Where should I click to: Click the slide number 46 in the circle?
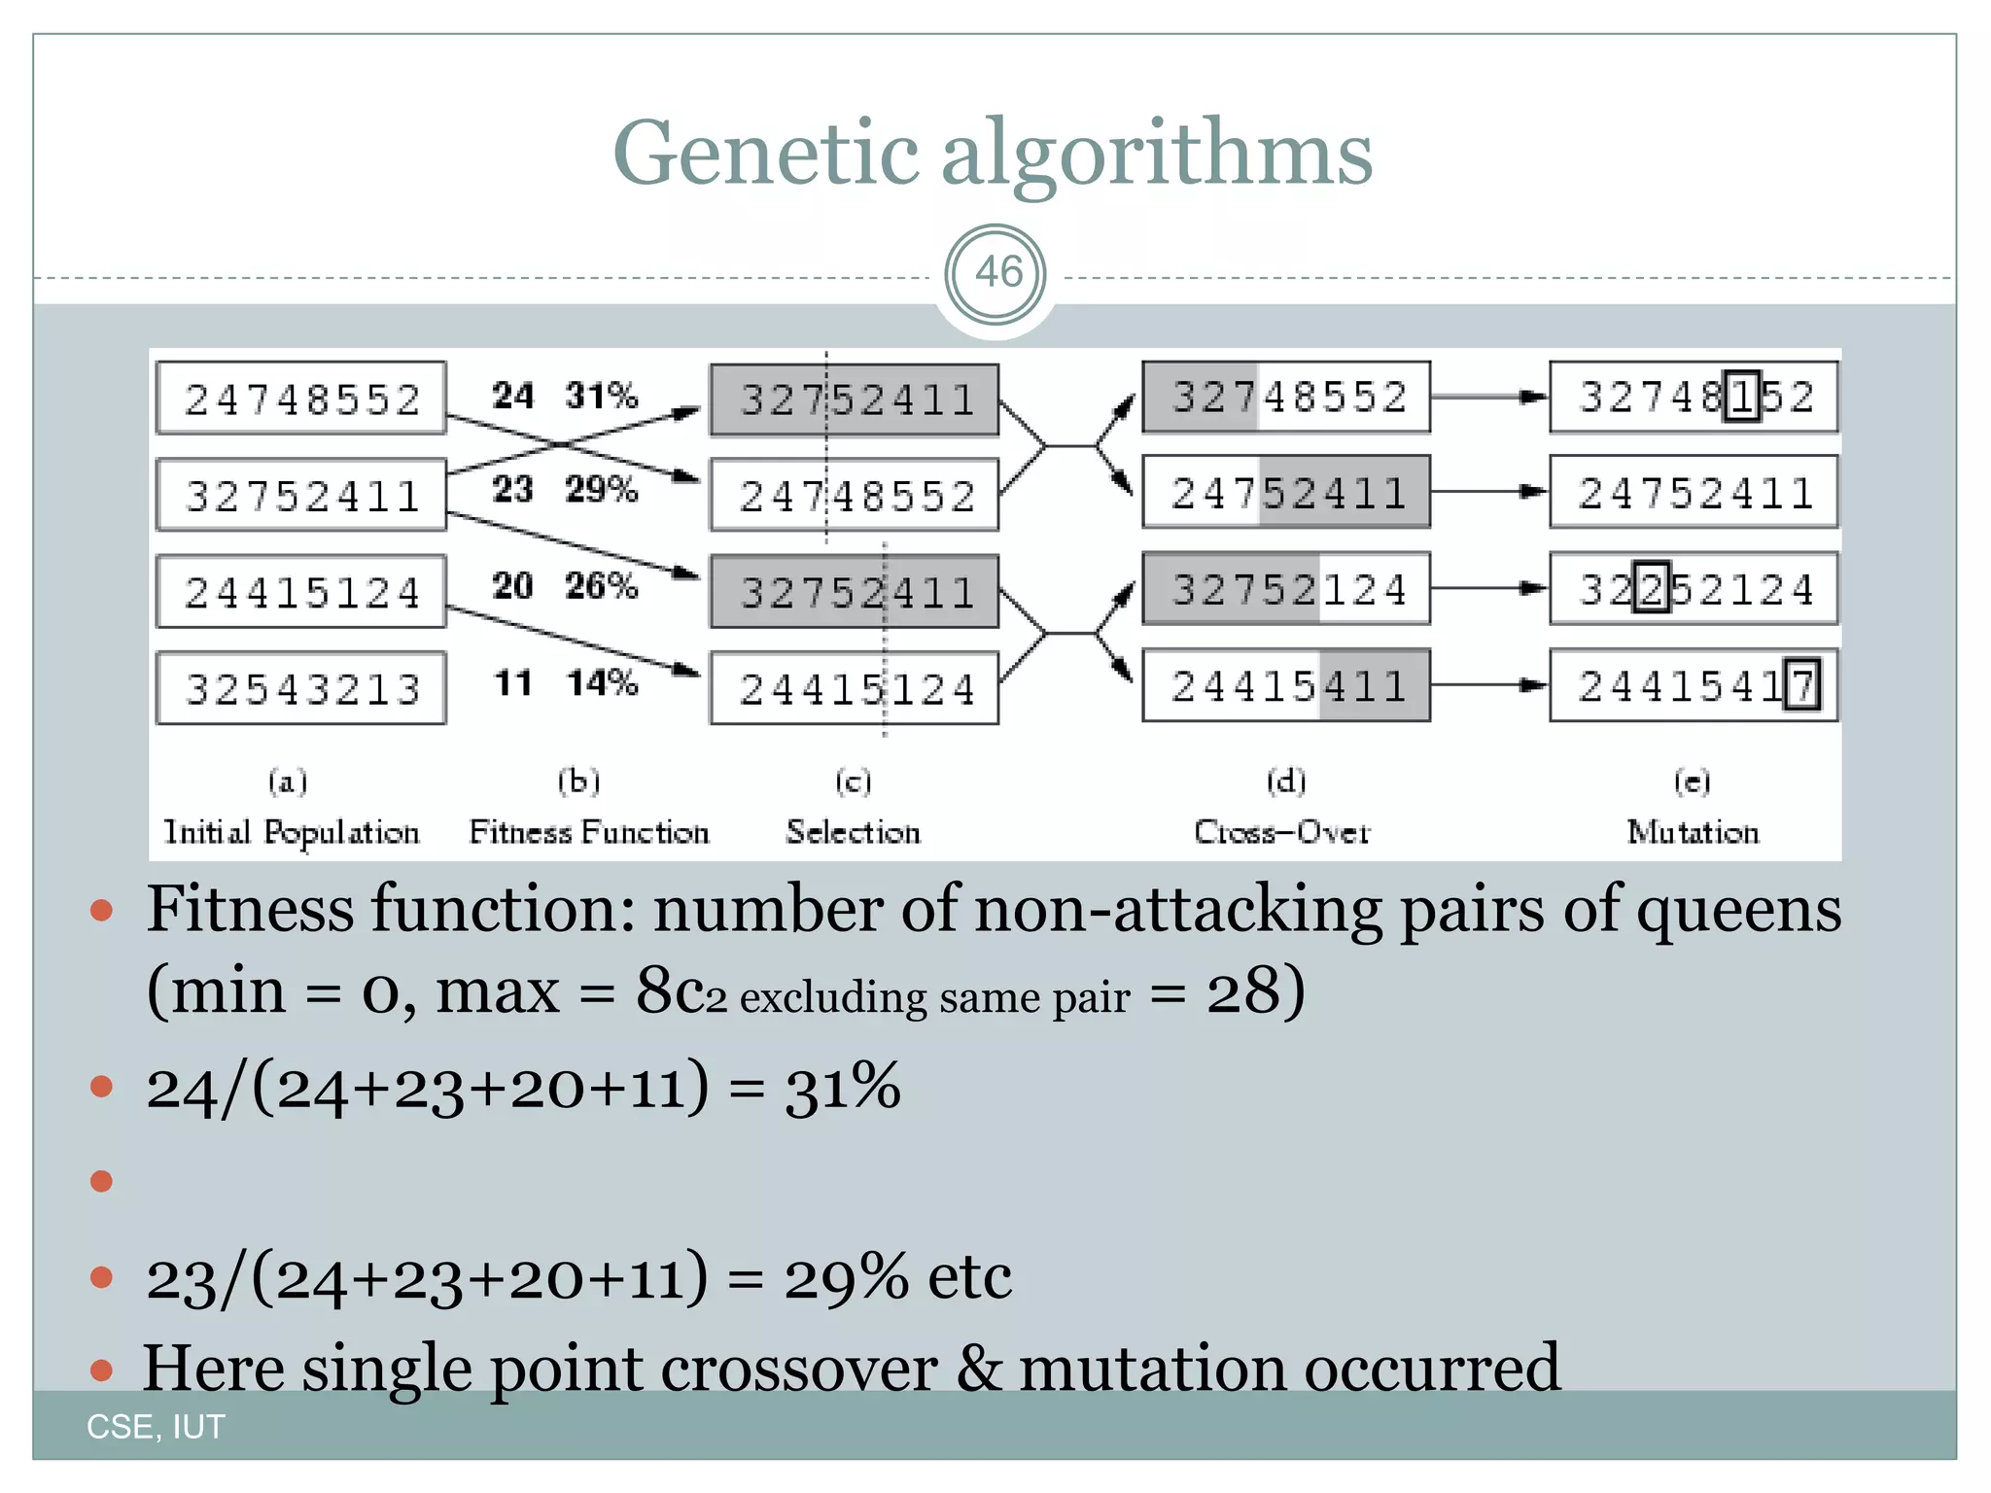click(x=996, y=273)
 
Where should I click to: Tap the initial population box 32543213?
click(x=301, y=689)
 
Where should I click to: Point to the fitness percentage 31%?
click(x=601, y=396)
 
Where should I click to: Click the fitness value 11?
click(x=512, y=683)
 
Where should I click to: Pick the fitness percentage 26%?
click(x=601, y=586)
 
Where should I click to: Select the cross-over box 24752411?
click(x=1286, y=493)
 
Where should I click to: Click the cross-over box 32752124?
click(x=1286, y=589)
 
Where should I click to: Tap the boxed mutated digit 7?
click(x=1801, y=686)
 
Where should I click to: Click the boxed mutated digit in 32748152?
click(x=1741, y=397)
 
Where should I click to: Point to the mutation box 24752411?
click(x=1694, y=493)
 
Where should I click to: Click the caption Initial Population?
click(x=291, y=832)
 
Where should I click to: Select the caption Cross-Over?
click(x=1281, y=832)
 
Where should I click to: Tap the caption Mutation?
click(x=1693, y=832)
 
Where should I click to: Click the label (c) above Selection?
click(x=853, y=781)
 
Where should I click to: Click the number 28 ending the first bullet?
click(x=1243, y=992)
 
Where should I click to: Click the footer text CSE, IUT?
click(x=156, y=1427)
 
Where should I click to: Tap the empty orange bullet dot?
click(x=101, y=1181)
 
